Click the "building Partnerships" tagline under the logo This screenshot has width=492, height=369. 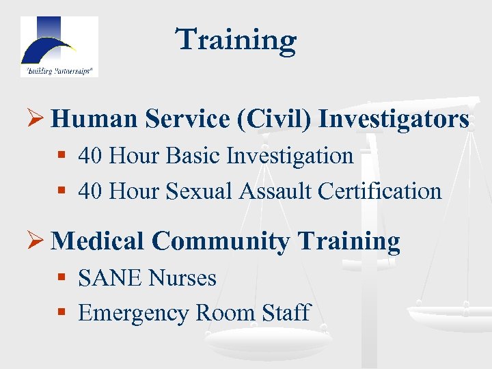[x=59, y=70]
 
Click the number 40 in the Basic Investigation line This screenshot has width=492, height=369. [x=91, y=156]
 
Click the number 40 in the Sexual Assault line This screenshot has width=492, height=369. [x=91, y=191]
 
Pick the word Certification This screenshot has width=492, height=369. [x=387, y=191]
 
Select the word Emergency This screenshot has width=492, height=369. [x=133, y=313]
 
